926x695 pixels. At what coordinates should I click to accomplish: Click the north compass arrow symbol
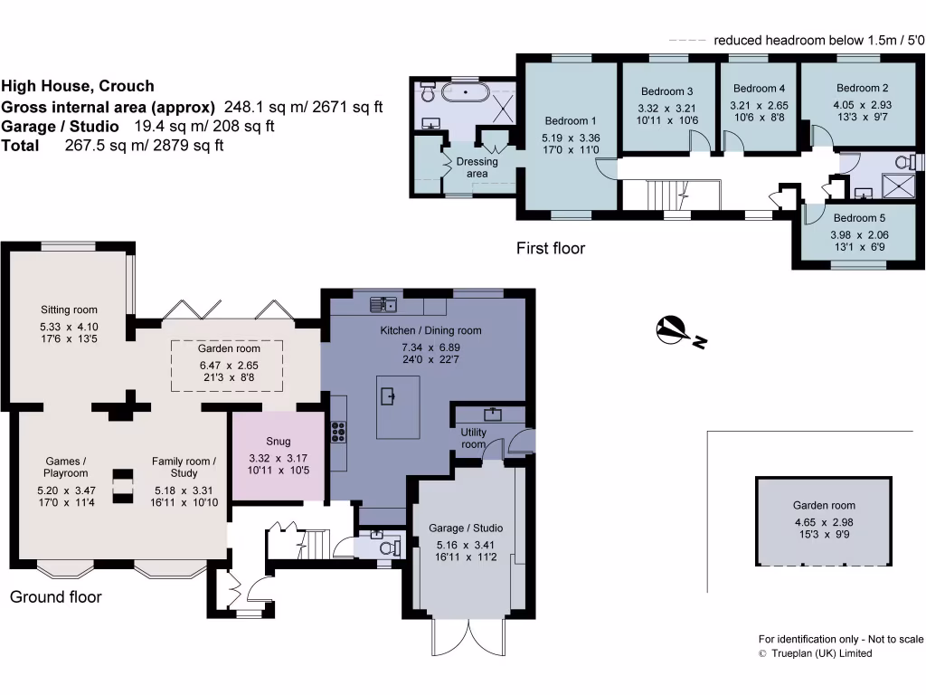[x=672, y=330]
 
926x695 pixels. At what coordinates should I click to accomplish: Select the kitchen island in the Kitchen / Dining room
[x=398, y=406]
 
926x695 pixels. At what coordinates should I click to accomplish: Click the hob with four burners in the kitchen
[x=339, y=432]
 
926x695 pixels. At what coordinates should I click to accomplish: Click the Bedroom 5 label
[x=859, y=218]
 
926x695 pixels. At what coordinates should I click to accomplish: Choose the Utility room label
[x=473, y=438]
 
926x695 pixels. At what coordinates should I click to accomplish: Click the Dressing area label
[x=477, y=167]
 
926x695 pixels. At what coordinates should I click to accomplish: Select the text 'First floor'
[x=550, y=248]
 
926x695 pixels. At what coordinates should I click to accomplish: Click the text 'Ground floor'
[x=55, y=596]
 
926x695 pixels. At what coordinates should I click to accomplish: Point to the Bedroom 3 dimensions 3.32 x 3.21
[x=667, y=107]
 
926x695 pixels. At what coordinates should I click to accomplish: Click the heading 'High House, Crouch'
[x=78, y=87]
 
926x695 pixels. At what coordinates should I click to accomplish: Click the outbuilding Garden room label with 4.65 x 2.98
[x=824, y=506]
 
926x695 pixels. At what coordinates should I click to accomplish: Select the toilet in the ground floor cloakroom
[x=389, y=548]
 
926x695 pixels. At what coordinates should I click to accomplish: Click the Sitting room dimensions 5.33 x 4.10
[x=69, y=327]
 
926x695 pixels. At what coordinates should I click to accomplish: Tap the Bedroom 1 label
[x=570, y=121]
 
